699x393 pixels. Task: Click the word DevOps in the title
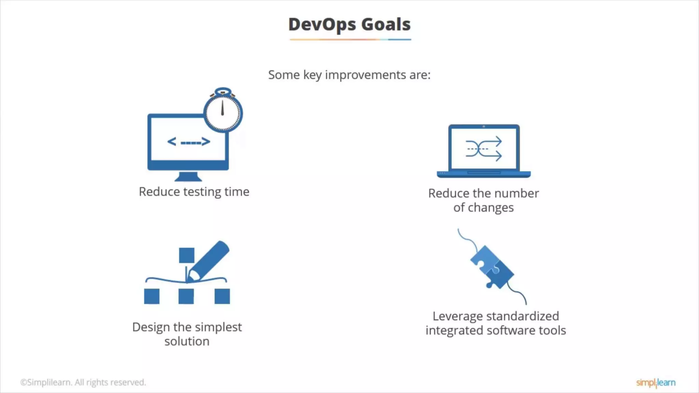(x=322, y=25)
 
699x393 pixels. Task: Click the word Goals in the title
(x=386, y=25)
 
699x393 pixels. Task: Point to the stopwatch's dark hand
(x=223, y=108)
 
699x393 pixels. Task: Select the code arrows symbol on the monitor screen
(x=188, y=142)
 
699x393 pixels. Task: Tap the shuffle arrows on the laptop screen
(x=484, y=149)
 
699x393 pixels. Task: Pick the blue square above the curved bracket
(x=186, y=255)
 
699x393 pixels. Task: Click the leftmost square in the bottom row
(x=152, y=296)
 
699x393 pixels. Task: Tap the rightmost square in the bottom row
(x=222, y=296)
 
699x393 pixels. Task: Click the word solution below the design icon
(x=187, y=341)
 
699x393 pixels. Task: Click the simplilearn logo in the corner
(x=655, y=383)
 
